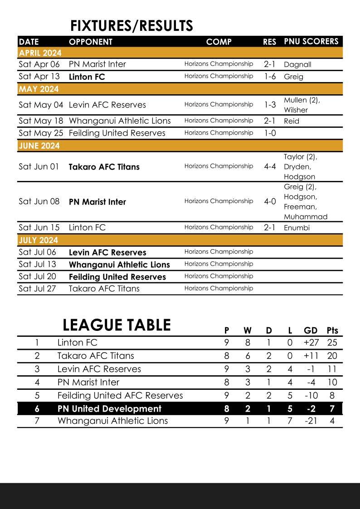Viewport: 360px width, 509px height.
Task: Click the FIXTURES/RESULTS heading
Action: [x=131, y=26]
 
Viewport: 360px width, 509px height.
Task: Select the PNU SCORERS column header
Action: [x=311, y=41]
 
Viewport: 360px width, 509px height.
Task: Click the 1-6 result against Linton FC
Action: [x=270, y=77]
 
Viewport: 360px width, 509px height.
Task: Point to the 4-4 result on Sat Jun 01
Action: [x=270, y=166]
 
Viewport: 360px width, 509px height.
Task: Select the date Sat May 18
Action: [x=41, y=121]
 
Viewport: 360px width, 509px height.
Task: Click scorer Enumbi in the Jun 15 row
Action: [x=297, y=228]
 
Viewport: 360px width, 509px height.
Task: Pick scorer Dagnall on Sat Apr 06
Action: [x=297, y=64]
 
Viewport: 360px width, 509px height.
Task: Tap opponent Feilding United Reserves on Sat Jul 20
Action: [x=117, y=276]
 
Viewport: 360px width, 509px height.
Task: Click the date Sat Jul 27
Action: [x=37, y=288]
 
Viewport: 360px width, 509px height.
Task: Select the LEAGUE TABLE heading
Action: [x=117, y=325]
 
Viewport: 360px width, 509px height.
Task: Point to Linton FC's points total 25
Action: [x=332, y=343]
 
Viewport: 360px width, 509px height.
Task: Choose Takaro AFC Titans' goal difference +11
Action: [x=311, y=356]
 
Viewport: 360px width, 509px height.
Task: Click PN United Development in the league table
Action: [x=109, y=408]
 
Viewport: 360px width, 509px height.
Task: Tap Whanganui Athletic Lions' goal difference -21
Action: [x=311, y=421]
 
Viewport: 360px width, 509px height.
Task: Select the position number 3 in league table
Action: [x=37, y=369]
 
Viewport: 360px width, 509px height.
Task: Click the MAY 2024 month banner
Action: [x=39, y=89]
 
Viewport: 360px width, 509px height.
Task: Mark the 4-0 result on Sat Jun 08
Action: [x=270, y=201]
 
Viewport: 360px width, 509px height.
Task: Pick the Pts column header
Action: [x=332, y=330]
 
